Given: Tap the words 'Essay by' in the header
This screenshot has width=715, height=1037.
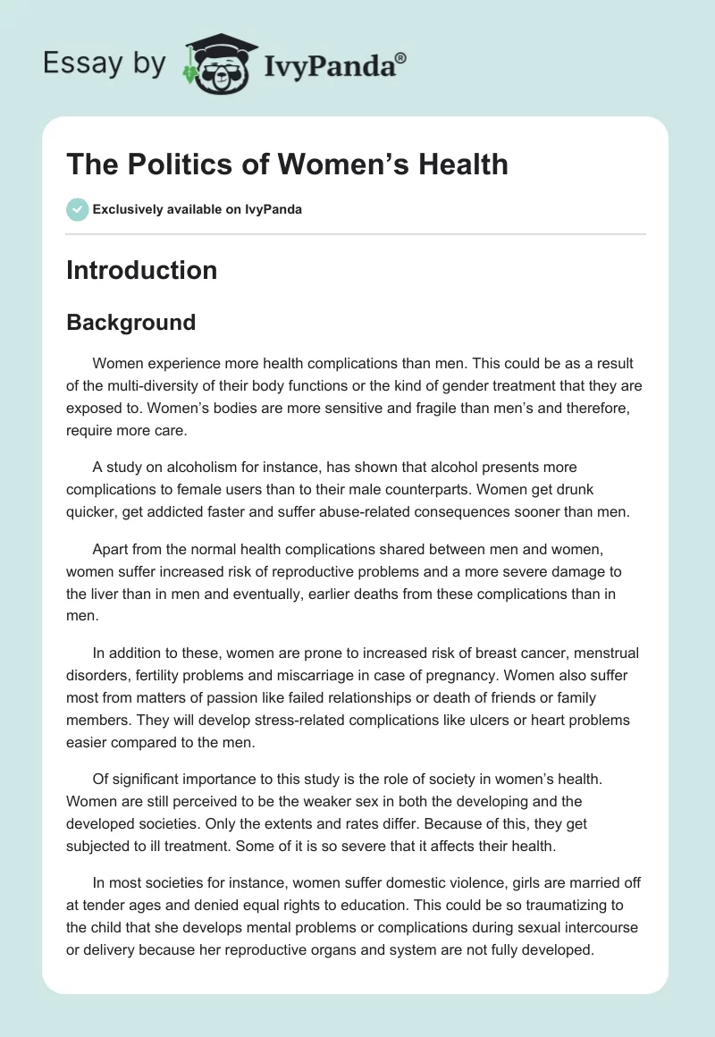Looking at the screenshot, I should pyautogui.click(x=104, y=63).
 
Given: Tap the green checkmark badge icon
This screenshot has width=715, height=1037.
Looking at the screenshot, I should pyautogui.click(x=77, y=209).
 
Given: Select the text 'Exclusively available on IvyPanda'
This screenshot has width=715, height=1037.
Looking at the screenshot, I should pyautogui.click(x=198, y=210).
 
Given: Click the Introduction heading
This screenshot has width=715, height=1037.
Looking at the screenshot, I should pyautogui.click(x=141, y=270).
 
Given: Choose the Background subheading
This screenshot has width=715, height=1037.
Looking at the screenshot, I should pyautogui.click(x=130, y=323).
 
